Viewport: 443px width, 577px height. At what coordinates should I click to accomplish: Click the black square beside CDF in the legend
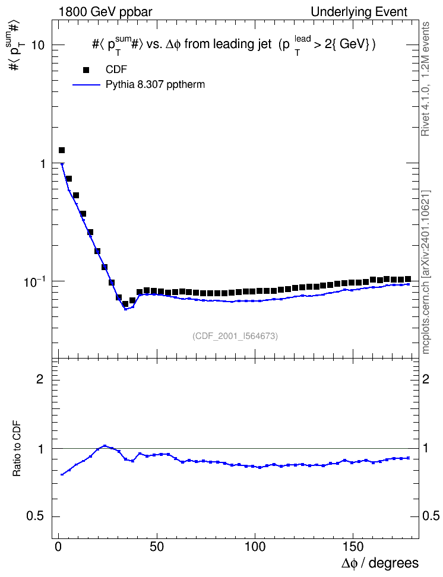pyautogui.click(x=86, y=70)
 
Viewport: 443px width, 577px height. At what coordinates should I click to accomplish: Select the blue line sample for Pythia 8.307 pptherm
pyautogui.click(x=86, y=85)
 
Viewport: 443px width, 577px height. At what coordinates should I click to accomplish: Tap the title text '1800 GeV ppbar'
pyautogui.click(x=105, y=12)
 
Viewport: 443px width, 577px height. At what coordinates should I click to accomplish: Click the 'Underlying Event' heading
pyautogui.click(x=359, y=12)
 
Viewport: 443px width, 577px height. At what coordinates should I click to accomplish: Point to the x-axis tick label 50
pyautogui.click(x=157, y=547)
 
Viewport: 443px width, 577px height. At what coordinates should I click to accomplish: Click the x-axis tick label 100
pyautogui.click(x=255, y=547)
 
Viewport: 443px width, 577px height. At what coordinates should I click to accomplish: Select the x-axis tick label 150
pyautogui.click(x=353, y=547)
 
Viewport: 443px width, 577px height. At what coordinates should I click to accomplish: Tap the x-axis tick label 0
pyautogui.click(x=59, y=547)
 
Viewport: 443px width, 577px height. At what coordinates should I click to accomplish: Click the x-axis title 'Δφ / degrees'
pyautogui.click(x=380, y=563)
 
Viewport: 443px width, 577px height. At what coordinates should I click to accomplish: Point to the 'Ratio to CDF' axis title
pyautogui.click(x=17, y=448)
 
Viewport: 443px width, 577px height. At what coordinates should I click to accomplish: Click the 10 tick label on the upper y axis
pyautogui.click(x=38, y=45)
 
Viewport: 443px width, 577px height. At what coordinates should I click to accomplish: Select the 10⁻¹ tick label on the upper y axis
pyautogui.click(x=34, y=281)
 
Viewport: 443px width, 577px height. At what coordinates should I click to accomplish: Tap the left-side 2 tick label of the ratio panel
pyautogui.click(x=40, y=379)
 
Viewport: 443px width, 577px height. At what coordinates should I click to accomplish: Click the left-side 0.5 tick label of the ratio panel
pyautogui.click(x=36, y=516)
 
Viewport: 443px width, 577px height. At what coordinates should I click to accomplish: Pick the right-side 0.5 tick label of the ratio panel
pyautogui.click(x=431, y=516)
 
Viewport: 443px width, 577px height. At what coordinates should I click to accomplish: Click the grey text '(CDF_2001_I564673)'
pyautogui.click(x=235, y=336)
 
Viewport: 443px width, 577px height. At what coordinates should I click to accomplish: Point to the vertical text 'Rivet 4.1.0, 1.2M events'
pyautogui.click(x=425, y=79)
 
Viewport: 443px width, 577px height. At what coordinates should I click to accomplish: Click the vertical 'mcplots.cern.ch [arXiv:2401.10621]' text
pyautogui.click(x=425, y=272)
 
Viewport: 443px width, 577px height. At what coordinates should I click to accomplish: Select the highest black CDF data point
pyautogui.click(x=62, y=150)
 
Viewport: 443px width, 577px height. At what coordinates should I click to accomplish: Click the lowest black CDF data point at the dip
pyautogui.click(x=125, y=304)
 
